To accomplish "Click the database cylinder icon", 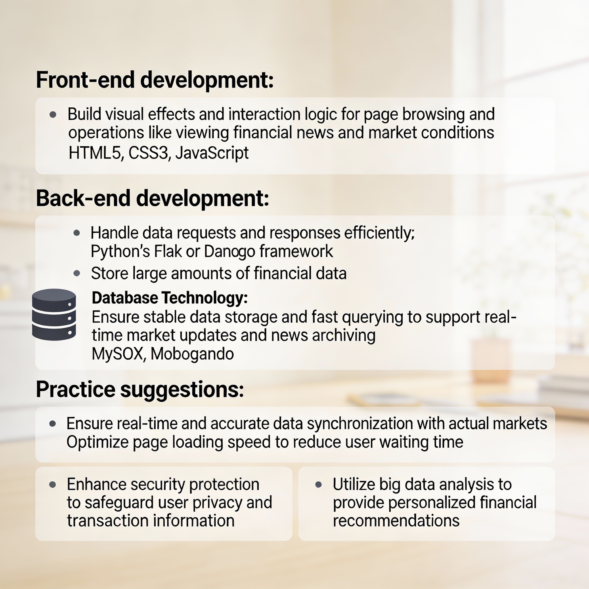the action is pyautogui.click(x=54, y=314).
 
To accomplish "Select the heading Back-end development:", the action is pyautogui.click(x=152, y=198).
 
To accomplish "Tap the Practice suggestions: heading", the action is pyautogui.click(x=140, y=390).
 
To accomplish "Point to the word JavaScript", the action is pyautogui.click(x=212, y=153).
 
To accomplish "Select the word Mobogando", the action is pyautogui.click(x=192, y=354).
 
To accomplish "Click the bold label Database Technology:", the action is pyautogui.click(x=170, y=298).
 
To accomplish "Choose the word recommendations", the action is pyautogui.click(x=396, y=520).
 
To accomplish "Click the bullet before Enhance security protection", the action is pyautogui.click(x=52, y=484).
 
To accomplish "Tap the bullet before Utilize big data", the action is pyautogui.click(x=319, y=484).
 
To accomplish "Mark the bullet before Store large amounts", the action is pyautogui.click(x=77, y=273).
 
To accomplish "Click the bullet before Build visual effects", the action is pyautogui.click(x=53, y=115).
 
